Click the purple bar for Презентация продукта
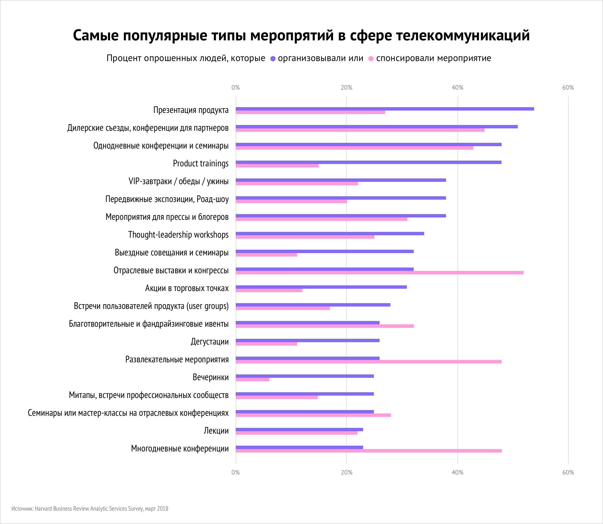[384, 109]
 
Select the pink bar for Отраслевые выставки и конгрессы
[379, 272]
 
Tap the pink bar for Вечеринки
[252, 380]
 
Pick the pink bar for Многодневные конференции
[368, 451]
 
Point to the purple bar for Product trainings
[368, 162]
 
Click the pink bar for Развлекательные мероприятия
[368, 362]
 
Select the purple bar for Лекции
[299, 430]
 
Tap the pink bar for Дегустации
[266, 344]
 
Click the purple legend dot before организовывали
[273, 59]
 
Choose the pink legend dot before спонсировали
[371, 59]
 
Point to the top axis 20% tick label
[346, 88]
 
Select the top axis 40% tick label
[457, 88]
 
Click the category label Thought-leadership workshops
[178, 234]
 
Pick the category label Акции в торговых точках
[187, 288]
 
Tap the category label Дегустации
[209, 342]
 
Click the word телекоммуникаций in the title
[463, 35]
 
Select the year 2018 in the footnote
[163, 509]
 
